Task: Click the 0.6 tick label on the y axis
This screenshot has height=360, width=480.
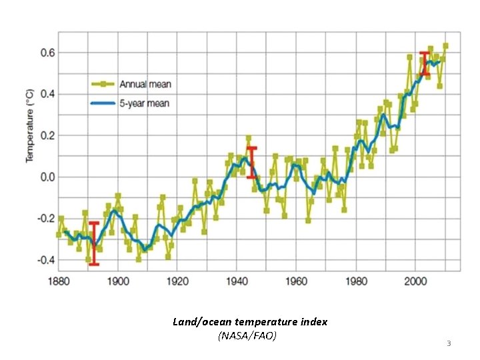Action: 46,53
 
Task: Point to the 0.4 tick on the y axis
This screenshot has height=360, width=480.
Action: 46,94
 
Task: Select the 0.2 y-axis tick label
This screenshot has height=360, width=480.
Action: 46,135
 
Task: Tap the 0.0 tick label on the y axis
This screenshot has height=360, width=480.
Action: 46,177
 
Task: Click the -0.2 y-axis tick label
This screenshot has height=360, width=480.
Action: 45,218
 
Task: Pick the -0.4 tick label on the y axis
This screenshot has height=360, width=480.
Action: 45,259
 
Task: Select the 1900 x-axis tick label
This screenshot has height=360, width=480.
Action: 118,281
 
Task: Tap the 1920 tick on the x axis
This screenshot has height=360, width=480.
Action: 177,281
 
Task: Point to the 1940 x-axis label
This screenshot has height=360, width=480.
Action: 237,281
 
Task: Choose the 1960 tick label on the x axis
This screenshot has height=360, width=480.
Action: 296,281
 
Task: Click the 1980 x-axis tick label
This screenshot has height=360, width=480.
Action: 355,281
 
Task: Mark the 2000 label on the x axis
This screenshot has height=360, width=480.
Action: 415,281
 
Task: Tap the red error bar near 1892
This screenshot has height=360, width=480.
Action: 94,243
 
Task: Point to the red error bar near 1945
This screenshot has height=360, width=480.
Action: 251,162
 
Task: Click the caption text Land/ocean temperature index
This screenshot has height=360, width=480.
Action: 250,321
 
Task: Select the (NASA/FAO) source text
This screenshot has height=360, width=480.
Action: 247,335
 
